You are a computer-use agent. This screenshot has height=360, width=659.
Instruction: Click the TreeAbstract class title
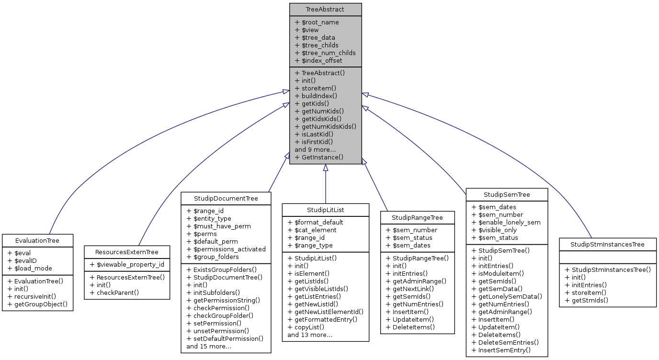325,9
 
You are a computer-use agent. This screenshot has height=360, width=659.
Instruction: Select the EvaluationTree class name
37,240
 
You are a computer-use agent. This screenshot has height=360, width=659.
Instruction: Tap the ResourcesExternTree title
126,252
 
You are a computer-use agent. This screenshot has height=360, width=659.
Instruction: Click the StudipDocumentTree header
226,198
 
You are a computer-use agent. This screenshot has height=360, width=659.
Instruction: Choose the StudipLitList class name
325,210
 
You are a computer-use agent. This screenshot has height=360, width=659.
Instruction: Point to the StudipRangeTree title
417,217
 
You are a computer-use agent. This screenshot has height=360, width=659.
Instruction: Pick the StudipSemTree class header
507,194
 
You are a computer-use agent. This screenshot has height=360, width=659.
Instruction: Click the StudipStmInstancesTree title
608,244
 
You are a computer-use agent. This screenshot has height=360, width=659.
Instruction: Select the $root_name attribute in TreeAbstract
317,22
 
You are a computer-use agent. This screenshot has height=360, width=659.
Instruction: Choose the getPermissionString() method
223,300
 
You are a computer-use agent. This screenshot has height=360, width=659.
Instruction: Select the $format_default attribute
315,222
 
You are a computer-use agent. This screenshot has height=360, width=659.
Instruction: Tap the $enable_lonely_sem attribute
506,223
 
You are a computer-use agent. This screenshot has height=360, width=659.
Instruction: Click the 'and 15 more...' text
209,346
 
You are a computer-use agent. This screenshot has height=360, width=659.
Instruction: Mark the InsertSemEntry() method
501,350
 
